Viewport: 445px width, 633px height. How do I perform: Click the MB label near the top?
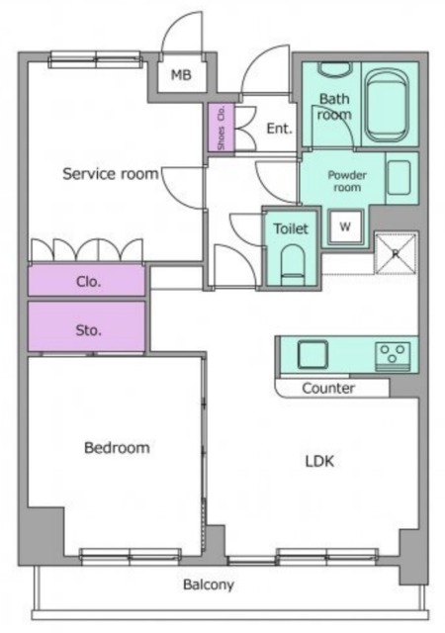[x=181, y=75]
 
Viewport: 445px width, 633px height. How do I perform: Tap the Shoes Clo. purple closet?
[x=221, y=128]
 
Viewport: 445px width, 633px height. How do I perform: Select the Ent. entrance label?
[x=279, y=129]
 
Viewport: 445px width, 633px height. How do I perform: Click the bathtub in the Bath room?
[x=387, y=106]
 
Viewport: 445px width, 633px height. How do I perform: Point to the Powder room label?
[x=347, y=181]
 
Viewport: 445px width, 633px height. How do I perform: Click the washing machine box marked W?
[x=345, y=226]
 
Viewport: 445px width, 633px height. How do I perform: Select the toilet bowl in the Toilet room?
[x=293, y=263]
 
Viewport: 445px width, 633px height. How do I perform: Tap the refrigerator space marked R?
[x=396, y=253]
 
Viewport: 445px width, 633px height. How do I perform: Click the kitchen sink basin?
[x=312, y=355]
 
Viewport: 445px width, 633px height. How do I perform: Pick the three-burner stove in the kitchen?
[x=393, y=356]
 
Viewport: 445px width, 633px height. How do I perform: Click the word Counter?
[x=328, y=389]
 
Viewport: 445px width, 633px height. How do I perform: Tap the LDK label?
[x=319, y=461]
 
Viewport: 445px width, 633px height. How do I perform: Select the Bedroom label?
[x=117, y=448]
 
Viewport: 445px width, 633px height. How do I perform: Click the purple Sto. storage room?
[x=87, y=326]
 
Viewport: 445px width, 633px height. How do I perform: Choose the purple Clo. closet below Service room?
[x=87, y=280]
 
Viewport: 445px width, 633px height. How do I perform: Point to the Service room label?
[x=110, y=174]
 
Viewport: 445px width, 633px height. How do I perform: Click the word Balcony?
[x=209, y=585]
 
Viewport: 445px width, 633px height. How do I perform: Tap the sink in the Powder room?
[x=399, y=178]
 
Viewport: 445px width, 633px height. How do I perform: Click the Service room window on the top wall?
[x=95, y=59]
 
